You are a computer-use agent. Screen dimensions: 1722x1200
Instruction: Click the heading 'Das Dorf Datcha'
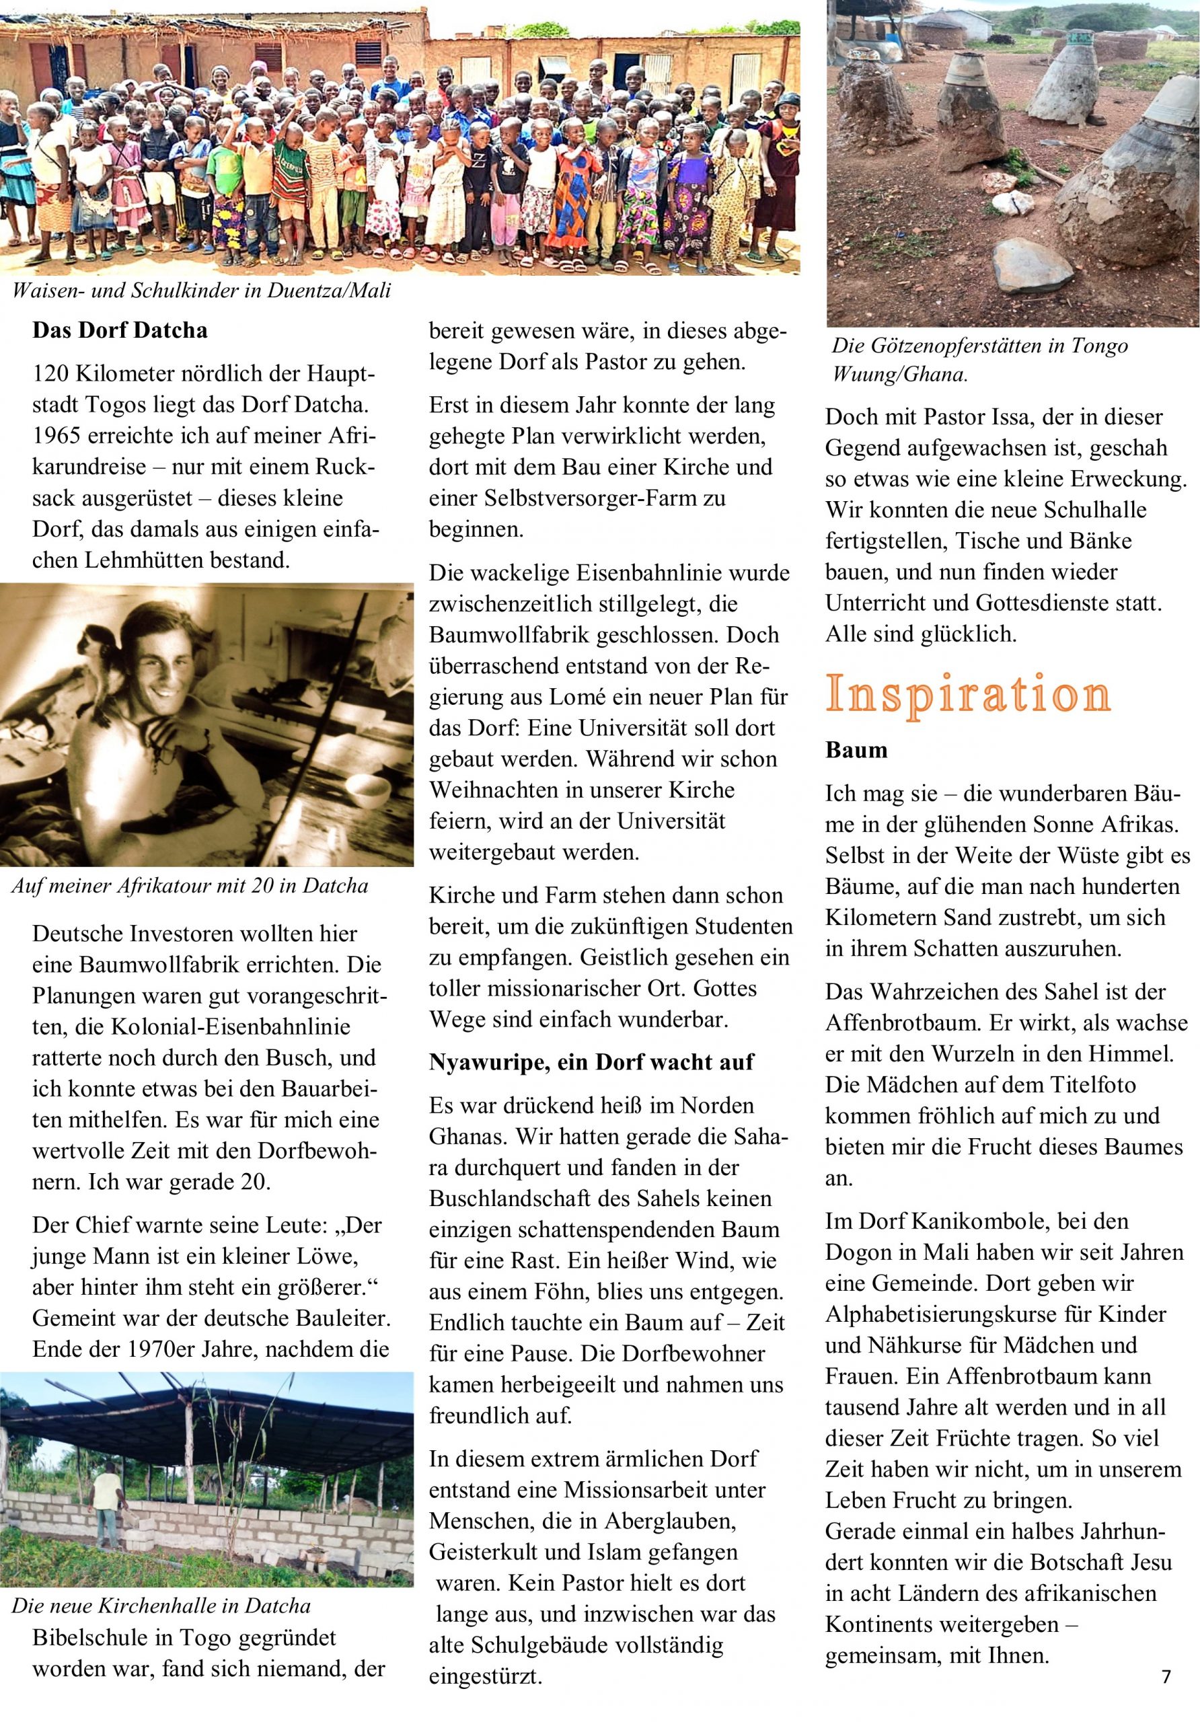(119, 331)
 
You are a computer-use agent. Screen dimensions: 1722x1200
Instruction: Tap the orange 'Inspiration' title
(967, 694)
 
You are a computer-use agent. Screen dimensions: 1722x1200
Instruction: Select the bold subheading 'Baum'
(856, 750)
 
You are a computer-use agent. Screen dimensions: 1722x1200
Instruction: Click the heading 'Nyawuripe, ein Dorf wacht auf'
(591, 1062)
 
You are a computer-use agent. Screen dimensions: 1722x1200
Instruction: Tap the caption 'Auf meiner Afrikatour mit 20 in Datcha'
(190, 887)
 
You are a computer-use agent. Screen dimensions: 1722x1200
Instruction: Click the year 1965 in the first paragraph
(59, 436)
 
